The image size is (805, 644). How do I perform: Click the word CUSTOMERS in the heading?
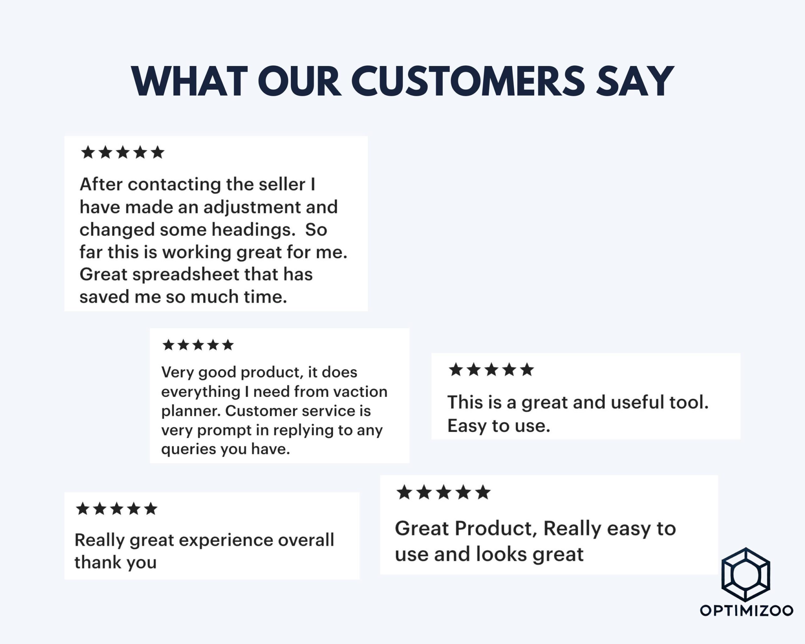468,81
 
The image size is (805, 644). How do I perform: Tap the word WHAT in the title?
189,81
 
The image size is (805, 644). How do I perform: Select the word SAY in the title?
635,81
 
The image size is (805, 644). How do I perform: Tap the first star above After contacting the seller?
88,152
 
